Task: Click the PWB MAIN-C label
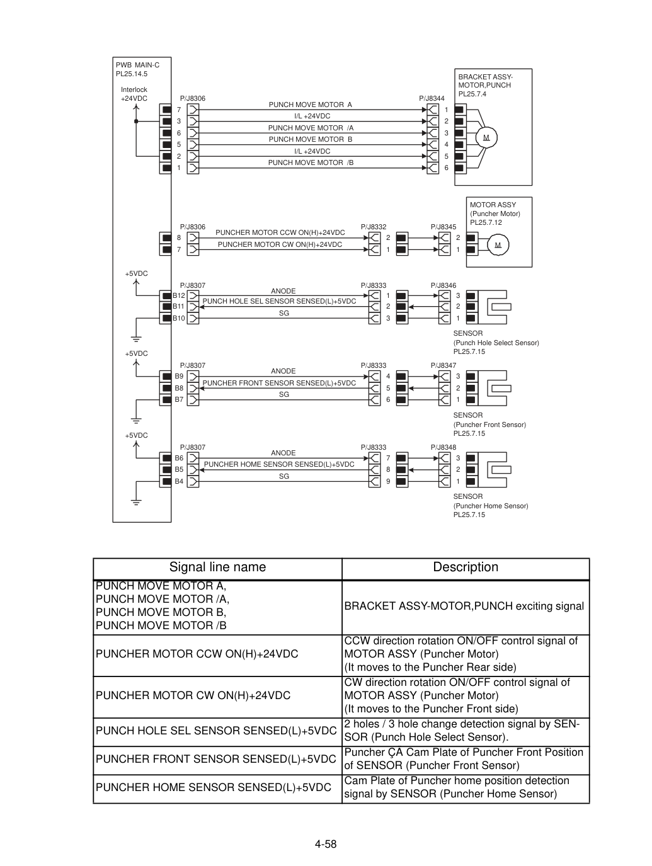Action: [137, 65]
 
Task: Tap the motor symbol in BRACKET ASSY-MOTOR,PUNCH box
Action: [486, 138]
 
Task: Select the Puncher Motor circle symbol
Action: [498, 245]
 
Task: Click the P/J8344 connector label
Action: [432, 98]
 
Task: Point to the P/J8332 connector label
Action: [374, 227]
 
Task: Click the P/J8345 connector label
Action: [443, 227]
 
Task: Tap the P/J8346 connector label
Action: [443, 285]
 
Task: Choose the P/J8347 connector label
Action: [443, 365]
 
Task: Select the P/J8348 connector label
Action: [443, 447]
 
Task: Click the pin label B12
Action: [179, 295]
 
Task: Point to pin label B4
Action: [179, 481]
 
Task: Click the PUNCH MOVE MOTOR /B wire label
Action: [311, 162]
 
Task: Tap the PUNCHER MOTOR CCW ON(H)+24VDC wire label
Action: [280, 233]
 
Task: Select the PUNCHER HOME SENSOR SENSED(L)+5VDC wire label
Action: [279, 464]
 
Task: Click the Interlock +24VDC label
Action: [134, 94]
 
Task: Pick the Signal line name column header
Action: [217, 567]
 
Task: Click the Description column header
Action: [466, 567]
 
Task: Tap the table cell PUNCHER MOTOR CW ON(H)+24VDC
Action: [193, 695]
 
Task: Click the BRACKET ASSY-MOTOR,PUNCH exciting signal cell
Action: [464, 607]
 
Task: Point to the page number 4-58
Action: [326, 845]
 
